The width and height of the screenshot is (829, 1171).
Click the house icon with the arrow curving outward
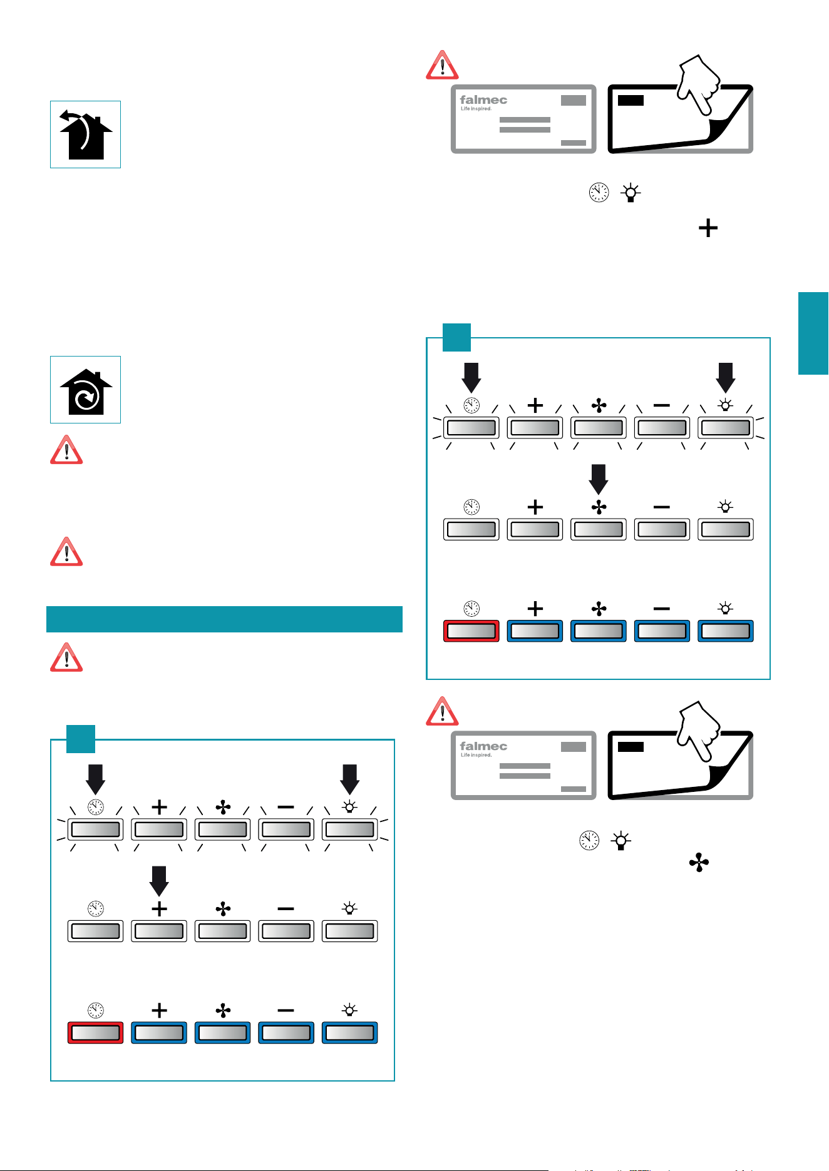(86, 134)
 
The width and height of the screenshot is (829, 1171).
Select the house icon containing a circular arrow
(86, 390)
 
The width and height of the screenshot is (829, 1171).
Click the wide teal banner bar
(224, 619)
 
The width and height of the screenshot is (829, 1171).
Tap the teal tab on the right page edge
(813, 333)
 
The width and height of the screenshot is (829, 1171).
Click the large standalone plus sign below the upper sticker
(708, 228)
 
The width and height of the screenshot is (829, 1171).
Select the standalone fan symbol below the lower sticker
(699, 864)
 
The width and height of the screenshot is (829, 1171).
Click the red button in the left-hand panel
(95, 1033)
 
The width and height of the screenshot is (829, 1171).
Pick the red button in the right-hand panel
(471, 631)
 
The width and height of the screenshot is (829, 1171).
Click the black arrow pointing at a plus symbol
(160, 881)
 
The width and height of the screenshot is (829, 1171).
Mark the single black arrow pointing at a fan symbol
(599, 479)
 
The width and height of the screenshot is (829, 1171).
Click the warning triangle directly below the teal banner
(66, 657)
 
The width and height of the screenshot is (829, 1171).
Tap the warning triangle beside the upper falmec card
(442, 65)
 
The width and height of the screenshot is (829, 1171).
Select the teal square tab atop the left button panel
(81, 739)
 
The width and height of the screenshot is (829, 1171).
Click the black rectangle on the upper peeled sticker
(631, 100)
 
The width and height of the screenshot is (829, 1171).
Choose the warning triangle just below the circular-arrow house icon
(66, 450)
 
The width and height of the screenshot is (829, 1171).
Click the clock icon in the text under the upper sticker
(599, 193)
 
